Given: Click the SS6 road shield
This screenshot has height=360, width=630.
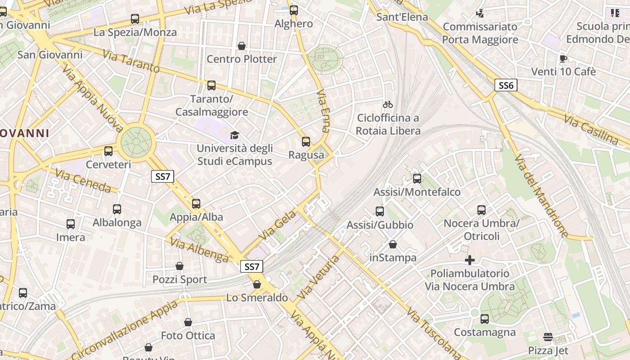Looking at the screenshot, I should click(x=506, y=85).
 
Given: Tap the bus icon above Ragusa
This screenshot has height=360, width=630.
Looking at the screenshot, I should click(x=306, y=142).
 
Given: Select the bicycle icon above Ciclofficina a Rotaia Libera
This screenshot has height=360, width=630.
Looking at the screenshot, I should click(x=388, y=104).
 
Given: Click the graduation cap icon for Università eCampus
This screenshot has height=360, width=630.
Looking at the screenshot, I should click(x=234, y=135).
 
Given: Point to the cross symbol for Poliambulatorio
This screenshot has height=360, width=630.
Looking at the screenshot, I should click(x=470, y=260).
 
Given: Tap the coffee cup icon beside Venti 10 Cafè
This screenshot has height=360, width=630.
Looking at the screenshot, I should click(x=563, y=58).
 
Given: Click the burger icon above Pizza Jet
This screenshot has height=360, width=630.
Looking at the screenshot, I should click(x=548, y=337).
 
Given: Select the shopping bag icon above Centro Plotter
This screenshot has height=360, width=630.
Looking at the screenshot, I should click(x=242, y=46).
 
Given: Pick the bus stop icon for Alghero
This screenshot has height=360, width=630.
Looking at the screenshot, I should click(x=294, y=10).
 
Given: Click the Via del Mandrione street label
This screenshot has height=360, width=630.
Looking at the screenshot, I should click(x=542, y=196).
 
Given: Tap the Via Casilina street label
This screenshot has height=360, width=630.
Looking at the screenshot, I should click(x=591, y=129).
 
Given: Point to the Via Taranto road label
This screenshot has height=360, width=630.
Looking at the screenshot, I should click(x=131, y=62).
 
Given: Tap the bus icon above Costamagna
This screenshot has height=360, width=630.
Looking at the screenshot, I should click(x=484, y=319).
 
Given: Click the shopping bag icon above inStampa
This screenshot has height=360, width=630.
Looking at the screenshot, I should click(x=393, y=244).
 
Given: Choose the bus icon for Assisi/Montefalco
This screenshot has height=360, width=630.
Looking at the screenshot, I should click(x=417, y=179).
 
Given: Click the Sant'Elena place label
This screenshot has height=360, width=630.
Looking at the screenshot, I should click(x=402, y=17).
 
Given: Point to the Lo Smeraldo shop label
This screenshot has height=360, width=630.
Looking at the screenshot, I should click(x=257, y=297).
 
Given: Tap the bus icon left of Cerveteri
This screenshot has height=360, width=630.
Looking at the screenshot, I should click(x=108, y=151).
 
